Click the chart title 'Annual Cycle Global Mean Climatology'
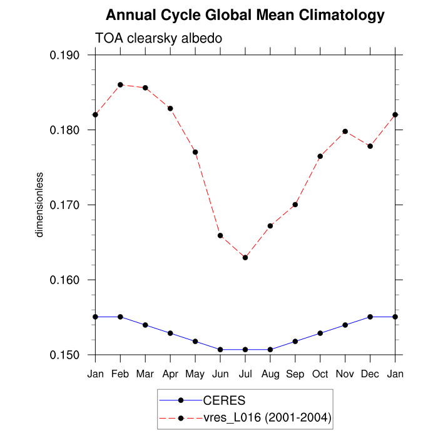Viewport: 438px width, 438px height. coord(245,14)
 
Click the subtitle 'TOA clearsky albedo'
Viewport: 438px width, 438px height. coord(158,39)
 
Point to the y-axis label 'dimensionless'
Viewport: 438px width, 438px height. coord(39,205)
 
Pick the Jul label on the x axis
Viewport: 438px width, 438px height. coord(245,374)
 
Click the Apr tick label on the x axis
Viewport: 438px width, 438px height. coord(170,374)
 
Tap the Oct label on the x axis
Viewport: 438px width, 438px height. coord(320,374)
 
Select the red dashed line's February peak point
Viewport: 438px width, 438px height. coord(120,84)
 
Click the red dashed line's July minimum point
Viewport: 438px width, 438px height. coord(245,257)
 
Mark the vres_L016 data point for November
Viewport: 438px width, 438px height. coord(345,131)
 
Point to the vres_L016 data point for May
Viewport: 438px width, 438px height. coord(195,152)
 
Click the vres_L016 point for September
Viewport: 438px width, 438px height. coord(295,205)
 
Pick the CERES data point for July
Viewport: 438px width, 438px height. coord(245,349)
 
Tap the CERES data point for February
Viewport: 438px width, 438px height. coord(120,317)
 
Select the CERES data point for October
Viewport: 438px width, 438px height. coord(320,333)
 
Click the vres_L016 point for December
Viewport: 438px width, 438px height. coord(370,146)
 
